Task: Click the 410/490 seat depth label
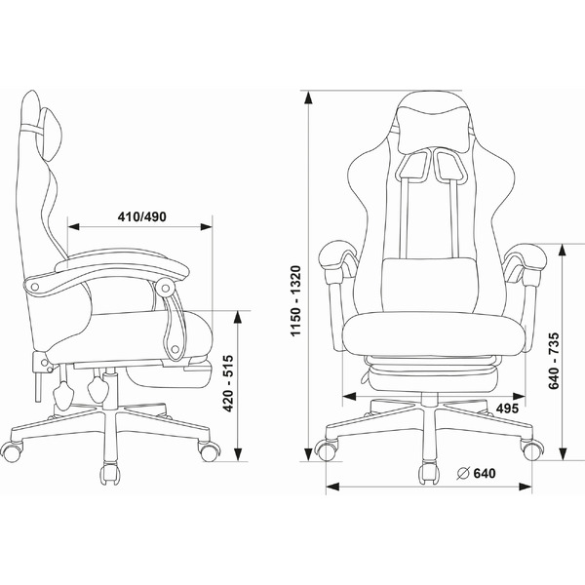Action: (x=141, y=216)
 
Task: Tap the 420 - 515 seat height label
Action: (x=228, y=383)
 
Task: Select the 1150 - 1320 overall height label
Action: (x=295, y=300)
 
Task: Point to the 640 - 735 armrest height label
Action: (x=554, y=361)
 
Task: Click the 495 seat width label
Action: (x=507, y=409)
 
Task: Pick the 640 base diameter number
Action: (x=485, y=474)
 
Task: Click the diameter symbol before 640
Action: (x=463, y=474)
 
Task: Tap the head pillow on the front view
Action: (x=434, y=129)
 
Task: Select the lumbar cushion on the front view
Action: (x=429, y=285)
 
